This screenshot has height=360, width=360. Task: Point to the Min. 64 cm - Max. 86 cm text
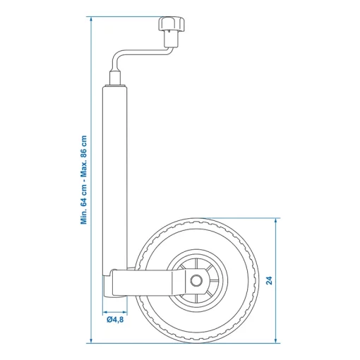tap(83, 180)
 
